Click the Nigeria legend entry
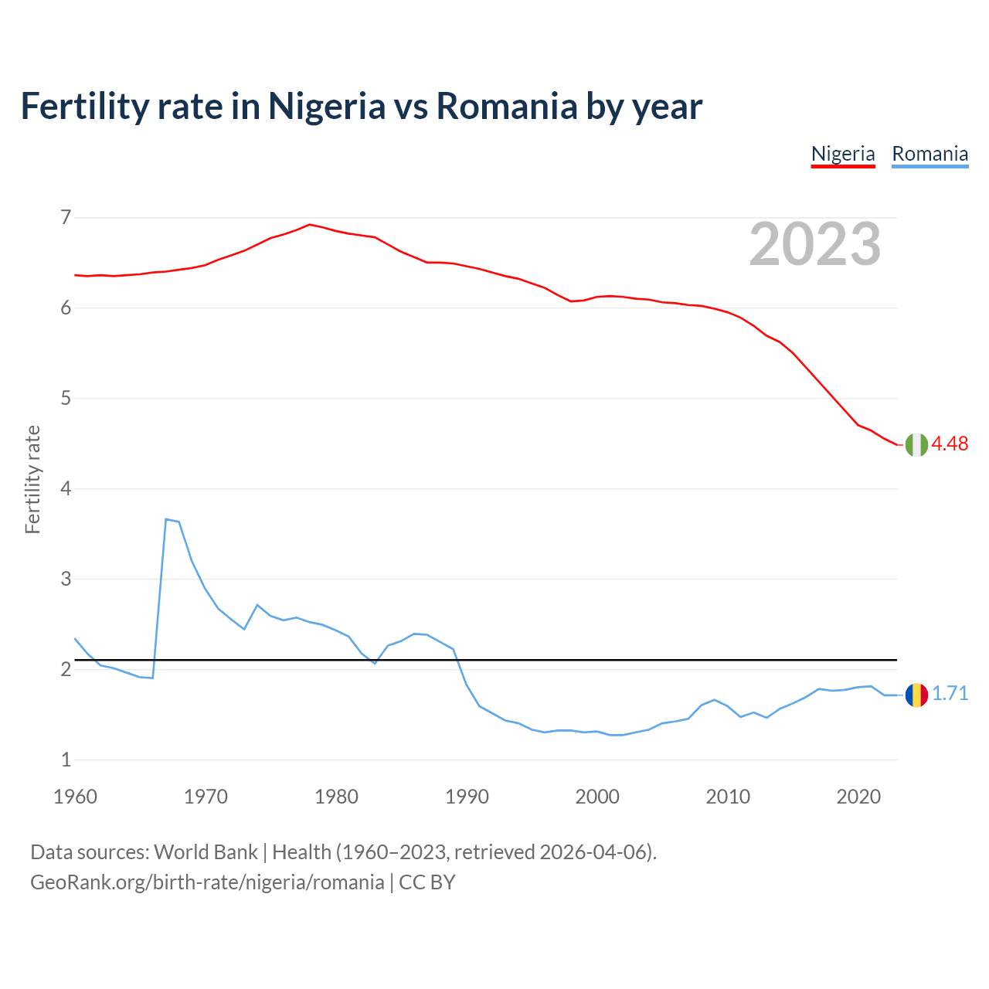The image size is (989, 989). coord(843,154)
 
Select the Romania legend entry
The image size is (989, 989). coord(930,154)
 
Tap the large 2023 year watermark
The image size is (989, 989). coord(815,244)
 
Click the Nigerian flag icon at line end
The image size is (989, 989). coord(916,445)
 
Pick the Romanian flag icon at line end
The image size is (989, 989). coord(916,695)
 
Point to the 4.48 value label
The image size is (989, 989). coord(950,444)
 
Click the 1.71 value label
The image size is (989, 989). coord(950,693)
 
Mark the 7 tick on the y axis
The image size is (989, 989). coord(66,217)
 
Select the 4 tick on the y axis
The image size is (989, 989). coord(66,488)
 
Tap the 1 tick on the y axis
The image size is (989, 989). coord(66,760)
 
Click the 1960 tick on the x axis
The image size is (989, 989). coord(75,796)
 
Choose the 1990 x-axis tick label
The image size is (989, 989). coord(467,796)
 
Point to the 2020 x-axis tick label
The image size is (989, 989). coord(858,796)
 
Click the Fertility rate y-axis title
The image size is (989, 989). coord(32,479)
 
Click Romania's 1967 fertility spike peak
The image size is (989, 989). coord(166,519)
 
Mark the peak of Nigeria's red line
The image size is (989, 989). coord(310,225)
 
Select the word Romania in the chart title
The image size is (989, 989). coord(505,106)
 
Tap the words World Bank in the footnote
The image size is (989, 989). coord(206,851)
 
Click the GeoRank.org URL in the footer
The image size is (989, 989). coord(206,882)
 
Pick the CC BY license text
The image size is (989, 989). coord(427,882)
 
